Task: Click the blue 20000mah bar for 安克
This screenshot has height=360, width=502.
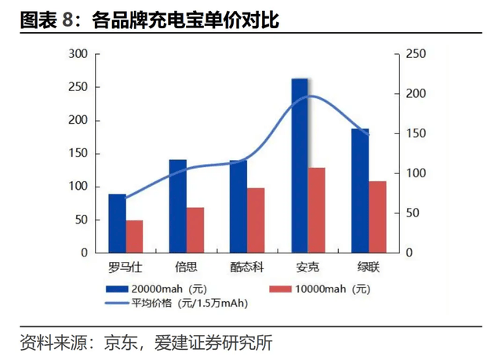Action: tap(300, 165)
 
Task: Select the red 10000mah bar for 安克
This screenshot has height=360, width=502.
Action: tap(317, 210)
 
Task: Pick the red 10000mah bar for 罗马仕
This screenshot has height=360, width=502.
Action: tap(135, 236)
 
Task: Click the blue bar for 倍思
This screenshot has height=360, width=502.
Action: tap(178, 206)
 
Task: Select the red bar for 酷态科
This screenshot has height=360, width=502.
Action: tap(256, 220)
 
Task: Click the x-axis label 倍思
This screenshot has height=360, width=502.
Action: tap(187, 266)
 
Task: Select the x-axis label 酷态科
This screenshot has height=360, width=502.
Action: tap(247, 266)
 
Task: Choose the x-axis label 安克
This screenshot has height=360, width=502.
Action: tap(308, 266)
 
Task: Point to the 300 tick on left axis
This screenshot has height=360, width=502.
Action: tap(78, 54)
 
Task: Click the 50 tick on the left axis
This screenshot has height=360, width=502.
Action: tap(81, 220)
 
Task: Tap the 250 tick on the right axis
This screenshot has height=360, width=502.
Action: tap(415, 54)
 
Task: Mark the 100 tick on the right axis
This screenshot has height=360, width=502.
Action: tap(415, 173)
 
